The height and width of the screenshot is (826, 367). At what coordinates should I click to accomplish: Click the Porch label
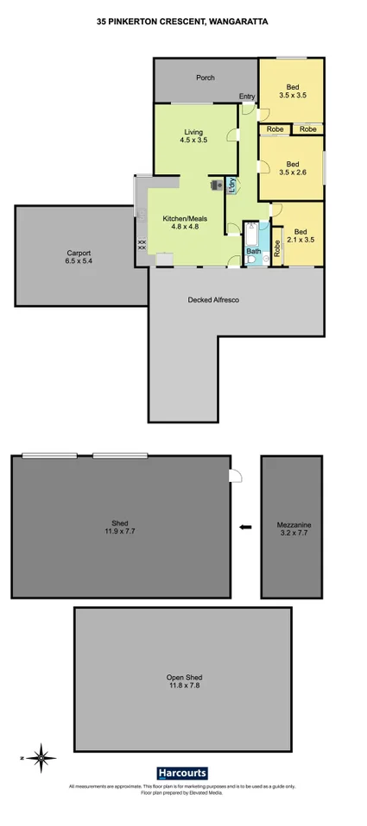click(205, 78)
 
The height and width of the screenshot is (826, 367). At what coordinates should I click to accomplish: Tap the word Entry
click(248, 97)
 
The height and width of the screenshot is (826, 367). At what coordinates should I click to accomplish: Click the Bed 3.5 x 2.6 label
click(293, 168)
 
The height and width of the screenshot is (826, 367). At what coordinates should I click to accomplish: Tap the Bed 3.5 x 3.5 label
click(293, 91)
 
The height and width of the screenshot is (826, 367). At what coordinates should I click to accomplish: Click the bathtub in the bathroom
click(250, 235)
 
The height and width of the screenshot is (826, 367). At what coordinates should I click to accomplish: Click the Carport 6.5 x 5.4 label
click(79, 258)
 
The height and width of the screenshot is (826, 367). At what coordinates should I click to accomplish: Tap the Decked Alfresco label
click(212, 300)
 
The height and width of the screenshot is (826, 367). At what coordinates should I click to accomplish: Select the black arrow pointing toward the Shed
click(245, 527)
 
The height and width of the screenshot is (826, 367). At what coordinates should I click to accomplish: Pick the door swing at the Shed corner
click(234, 476)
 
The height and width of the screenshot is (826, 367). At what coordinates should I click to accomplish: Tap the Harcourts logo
click(183, 773)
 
